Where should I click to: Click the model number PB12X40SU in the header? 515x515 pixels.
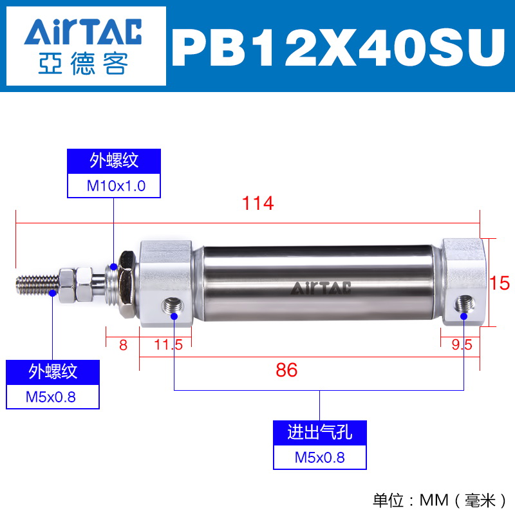[339, 48]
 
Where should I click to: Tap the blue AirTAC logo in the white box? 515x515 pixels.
[83, 32]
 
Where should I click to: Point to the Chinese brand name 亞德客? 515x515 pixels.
[83, 63]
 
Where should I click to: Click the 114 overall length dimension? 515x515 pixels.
[258, 203]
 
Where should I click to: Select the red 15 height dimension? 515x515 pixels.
[500, 283]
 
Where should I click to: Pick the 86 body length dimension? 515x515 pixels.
[286, 370]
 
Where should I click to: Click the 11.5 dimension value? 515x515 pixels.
[168, 345]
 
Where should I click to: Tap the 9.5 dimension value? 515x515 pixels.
[462, 344]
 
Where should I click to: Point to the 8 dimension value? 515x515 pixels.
[123, 345]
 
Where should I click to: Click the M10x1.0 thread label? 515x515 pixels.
[116, 186]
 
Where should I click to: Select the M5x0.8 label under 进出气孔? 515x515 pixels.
[319, 458]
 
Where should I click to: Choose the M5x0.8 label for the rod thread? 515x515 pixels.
[51, 397]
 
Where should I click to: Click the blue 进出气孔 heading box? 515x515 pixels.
[319, 433]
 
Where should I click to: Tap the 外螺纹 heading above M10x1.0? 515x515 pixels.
[114, 161]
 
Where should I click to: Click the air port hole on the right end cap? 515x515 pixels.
[464, 304]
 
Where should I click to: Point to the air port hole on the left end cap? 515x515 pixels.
[173, 306]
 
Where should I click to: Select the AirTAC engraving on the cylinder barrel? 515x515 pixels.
[321, 288]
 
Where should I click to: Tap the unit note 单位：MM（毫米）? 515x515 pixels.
[440, 501]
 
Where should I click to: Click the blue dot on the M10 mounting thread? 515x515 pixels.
[114, 267]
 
